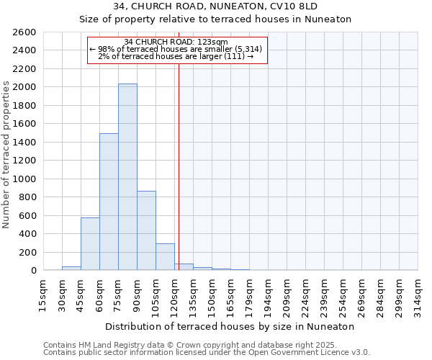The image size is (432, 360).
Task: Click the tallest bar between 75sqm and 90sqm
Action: point(127,177)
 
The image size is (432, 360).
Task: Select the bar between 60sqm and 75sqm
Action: point(109,202)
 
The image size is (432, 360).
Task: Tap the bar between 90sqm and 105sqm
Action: point(146,230)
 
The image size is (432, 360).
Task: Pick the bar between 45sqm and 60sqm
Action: point(90,243)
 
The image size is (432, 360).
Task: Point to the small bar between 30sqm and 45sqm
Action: point(71,268)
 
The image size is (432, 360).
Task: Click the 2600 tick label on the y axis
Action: point(24,32)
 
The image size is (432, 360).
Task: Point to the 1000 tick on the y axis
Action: point(24,179)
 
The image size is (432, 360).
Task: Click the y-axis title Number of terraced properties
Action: point(7,155)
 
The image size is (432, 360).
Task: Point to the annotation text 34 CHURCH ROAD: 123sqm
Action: point(176,42)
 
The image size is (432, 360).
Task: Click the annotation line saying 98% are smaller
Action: point(176,49)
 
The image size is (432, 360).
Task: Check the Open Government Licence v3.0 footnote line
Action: point(206,352)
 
